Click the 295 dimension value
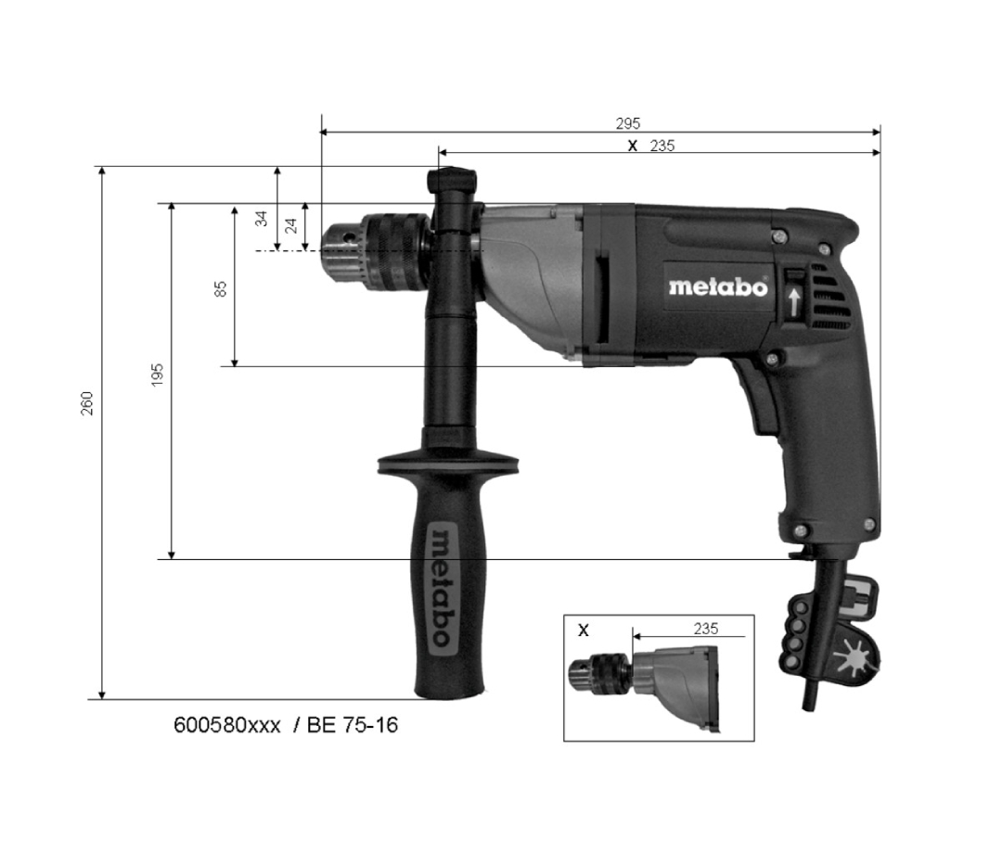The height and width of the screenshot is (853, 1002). [x=627, y=122]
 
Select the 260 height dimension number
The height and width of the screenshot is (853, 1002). [x=87, y=403]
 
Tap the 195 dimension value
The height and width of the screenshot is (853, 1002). [x=157, y=375]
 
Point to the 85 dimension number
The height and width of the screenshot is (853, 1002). [x=221, y=289]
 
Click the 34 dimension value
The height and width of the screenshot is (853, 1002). [x=262, y=219]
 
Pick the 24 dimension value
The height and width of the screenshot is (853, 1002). [x=290, y=224]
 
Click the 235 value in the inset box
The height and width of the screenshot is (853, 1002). [x=705, y=629]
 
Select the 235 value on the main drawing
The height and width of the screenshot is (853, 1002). [x=662, y=146]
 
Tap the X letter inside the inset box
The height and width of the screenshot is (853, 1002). [x=584, y=630]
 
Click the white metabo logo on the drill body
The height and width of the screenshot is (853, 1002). [x=717, y=286]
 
